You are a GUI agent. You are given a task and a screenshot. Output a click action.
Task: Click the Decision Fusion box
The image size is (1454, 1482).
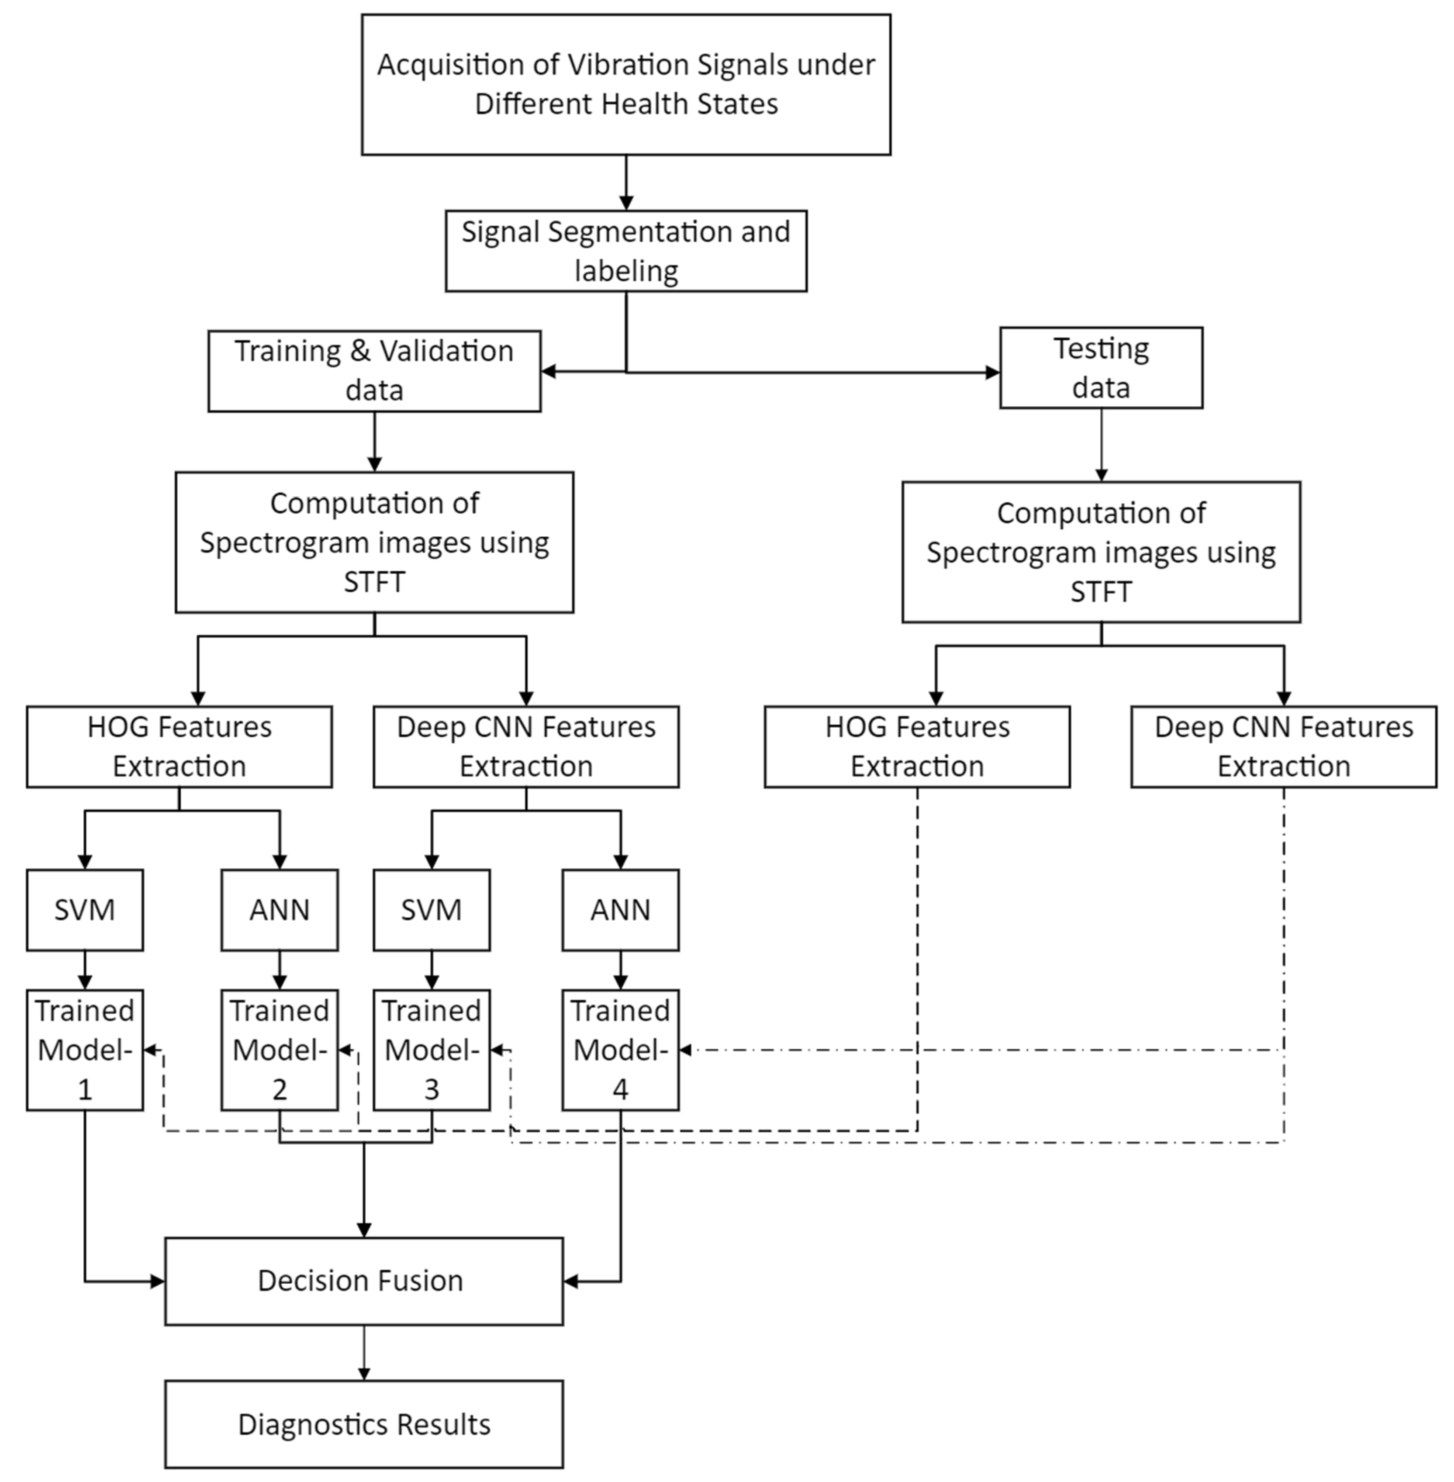[x=363, y=1281]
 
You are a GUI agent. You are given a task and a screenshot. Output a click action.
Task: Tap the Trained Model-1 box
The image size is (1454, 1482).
[x=85, y=1050]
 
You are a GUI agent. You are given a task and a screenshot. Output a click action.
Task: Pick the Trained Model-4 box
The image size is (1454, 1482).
[x=620, y=1050]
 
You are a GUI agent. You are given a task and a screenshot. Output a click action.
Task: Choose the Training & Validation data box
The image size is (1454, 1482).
[x=374, y=371]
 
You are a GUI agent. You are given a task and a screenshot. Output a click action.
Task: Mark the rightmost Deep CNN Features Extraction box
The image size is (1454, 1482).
[x=1283, y=747]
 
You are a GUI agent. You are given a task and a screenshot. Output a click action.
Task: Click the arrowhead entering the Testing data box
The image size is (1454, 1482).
[x=992, y=373]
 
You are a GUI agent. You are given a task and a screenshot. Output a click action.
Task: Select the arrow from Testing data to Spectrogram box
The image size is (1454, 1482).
[x=1100, y=444]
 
